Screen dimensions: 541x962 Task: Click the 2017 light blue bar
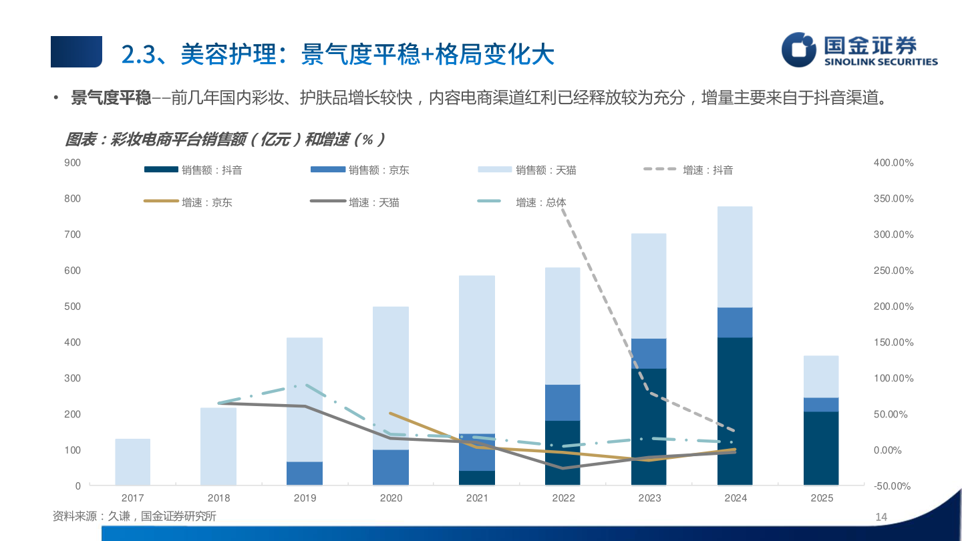click(133, 462)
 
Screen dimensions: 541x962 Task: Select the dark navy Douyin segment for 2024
click(735, 411)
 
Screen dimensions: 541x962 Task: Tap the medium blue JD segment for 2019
click(305, 473)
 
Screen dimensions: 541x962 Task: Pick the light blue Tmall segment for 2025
click(821, 377)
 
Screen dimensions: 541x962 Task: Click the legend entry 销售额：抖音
click(194, 170)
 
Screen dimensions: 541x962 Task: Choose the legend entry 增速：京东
click(188, 202)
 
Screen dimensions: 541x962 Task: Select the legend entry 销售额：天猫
click(528, 170)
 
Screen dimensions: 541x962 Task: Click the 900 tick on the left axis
click(73, 162)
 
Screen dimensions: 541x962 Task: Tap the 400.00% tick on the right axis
click(893, 162)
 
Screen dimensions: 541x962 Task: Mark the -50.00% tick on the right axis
click(892, 486)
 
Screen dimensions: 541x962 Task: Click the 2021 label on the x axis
click(477, 498)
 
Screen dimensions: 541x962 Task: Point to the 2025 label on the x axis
click(822, 498)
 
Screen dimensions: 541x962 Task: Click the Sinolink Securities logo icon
click(800, 50)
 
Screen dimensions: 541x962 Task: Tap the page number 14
click(880, 517)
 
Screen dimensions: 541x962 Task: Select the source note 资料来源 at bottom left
click(134, 516)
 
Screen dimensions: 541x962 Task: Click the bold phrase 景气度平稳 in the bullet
click(111, 99)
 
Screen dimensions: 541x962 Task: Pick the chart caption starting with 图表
click(224, 140)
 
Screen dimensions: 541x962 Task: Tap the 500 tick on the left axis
click(73, 307)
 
